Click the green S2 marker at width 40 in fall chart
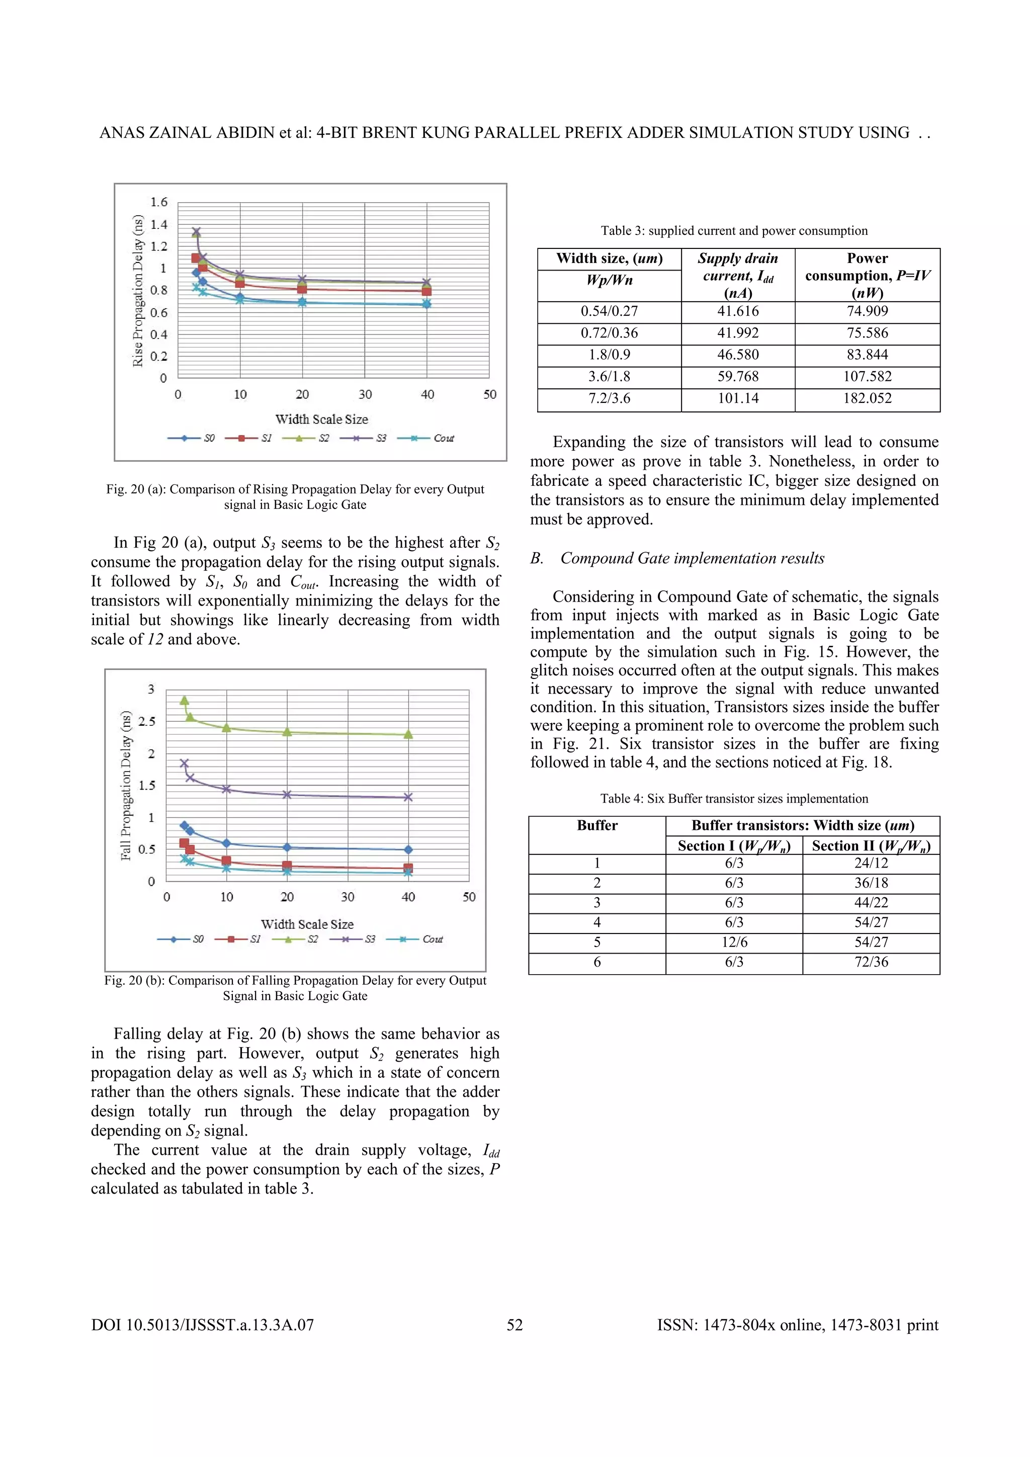click(408, 734)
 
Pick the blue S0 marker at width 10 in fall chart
click(226, 843)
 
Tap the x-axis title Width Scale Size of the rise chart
click(321, 419)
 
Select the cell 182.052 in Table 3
click(867, 398)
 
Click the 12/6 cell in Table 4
click(734, 942)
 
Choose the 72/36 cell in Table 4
click(871, 962)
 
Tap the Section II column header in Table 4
click(871, 846)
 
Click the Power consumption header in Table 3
click(867, 275)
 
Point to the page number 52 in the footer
click(514, 1325)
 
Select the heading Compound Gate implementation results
click(692, 558)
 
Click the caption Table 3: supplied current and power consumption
click(734, 231)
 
